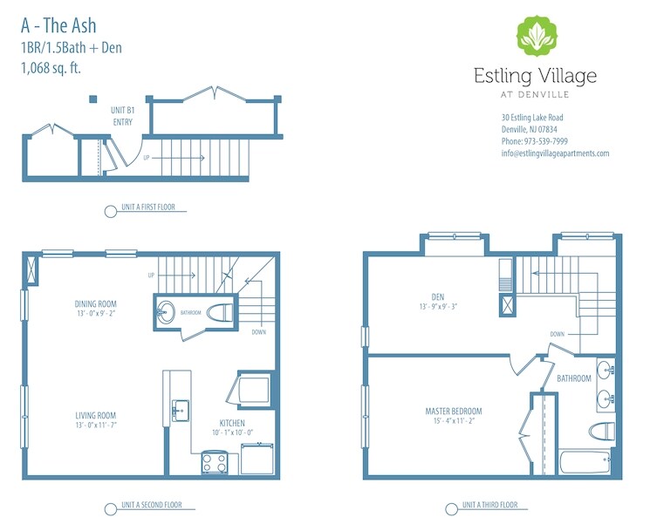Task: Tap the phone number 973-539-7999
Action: [x=534, y=141]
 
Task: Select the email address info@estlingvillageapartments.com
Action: [x=555, y=153]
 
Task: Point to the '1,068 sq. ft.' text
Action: [x=53, y=70]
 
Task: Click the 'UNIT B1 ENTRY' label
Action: [x=122, y=117]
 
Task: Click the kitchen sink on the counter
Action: [x=180, y=410]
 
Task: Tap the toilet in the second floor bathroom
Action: [x=219, y=310]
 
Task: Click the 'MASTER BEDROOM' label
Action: [x=453, y=412]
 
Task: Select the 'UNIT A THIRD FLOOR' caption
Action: [x=489, y=505]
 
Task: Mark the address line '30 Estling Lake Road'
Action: [x=531, y=118]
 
